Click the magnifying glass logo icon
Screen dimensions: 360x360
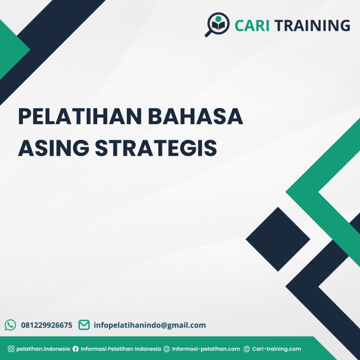[x=217, y=24]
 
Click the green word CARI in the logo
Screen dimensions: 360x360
[x=252, y=25]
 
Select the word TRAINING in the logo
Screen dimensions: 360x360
[x=312, y=25]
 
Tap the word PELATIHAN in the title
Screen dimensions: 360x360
[x=80, y=116]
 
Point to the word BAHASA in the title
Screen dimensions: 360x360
[x=195, y=116]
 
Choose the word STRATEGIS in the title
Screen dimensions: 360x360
[x=156, y=148]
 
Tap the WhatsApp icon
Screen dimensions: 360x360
[x=10, y=325]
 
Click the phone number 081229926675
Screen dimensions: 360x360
[x=47, y=325]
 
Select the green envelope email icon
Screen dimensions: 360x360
[x=84, y=325]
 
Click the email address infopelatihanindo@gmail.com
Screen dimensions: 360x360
[x=150, y=325]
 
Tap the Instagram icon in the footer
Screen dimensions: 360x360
[x=11, y=349]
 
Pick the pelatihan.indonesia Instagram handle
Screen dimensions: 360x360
[x=43, y=349]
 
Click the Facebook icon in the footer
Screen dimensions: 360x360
[x=76, y=349]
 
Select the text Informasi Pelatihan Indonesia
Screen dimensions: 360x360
[x=121, y=349]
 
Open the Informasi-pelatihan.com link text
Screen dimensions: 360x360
[x=206, y=349]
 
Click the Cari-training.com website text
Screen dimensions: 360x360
[x=276, y=349]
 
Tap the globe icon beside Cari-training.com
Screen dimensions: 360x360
[x=247, y=349]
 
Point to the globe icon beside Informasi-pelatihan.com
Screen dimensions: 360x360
[x=167, y=349]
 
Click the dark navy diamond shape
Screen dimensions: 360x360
[x=278, y=239]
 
